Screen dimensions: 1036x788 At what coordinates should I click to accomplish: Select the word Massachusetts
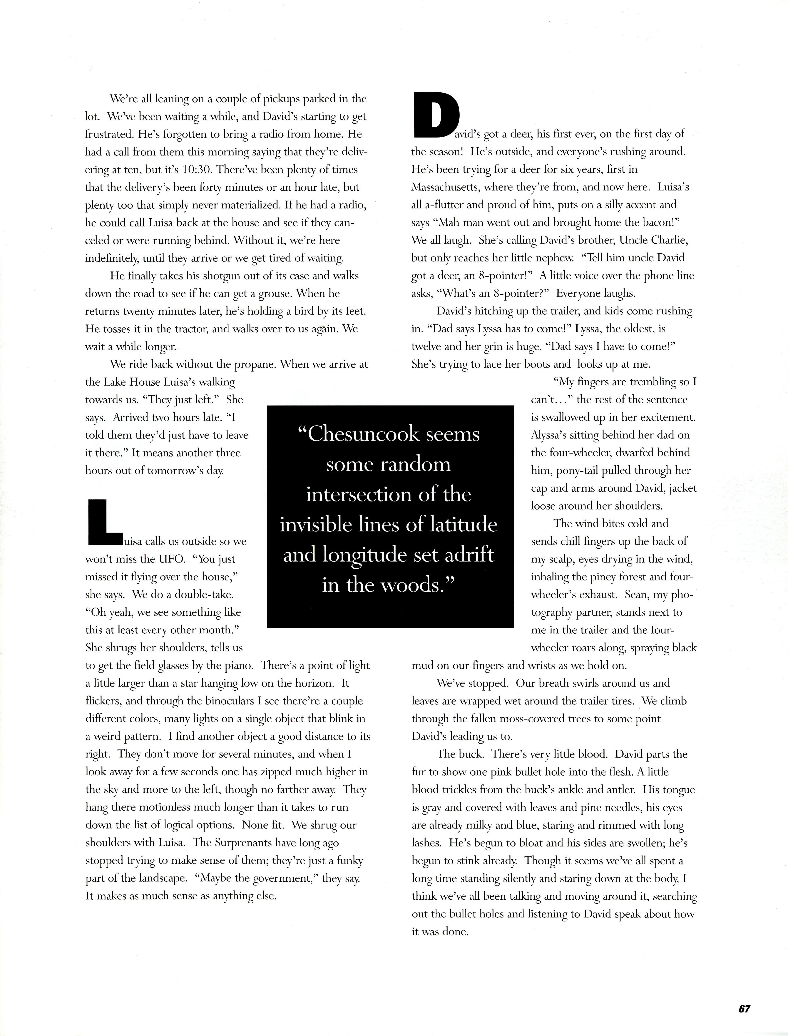click(x=445, y=187)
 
